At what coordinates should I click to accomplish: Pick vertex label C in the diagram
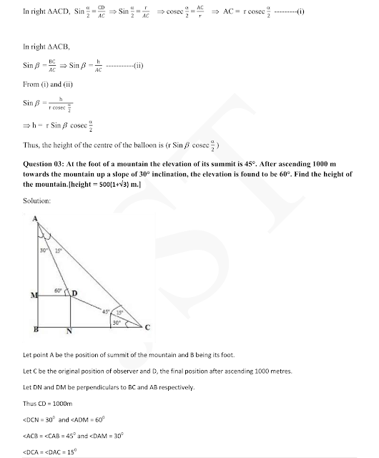(x=148, y=328)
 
